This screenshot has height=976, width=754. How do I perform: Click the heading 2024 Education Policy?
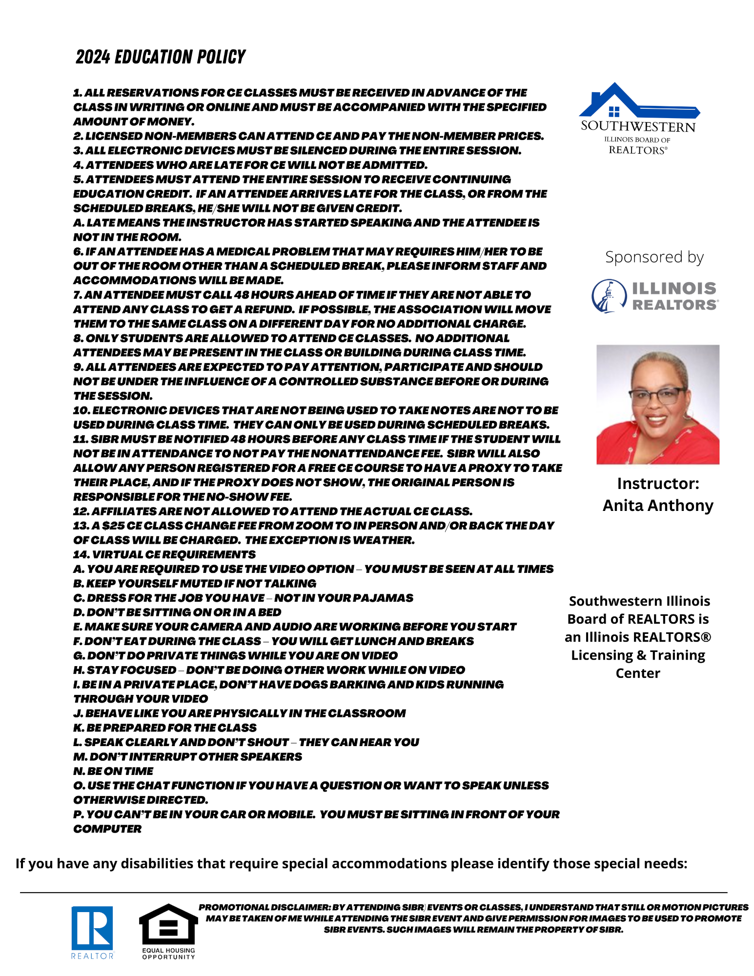(161, 57)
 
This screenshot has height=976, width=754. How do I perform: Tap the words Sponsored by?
(654, 257)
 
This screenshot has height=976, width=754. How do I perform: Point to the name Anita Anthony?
(658, 506)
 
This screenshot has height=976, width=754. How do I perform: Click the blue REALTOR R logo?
(92, 927)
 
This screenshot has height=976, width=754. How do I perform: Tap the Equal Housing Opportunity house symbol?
(168, 925)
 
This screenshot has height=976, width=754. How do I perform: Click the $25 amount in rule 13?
(112, 526)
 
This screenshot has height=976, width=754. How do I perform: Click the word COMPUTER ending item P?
(107, 829)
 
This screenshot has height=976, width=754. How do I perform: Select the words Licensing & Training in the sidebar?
(638, 655)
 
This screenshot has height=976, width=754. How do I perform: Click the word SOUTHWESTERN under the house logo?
(638, 127)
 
